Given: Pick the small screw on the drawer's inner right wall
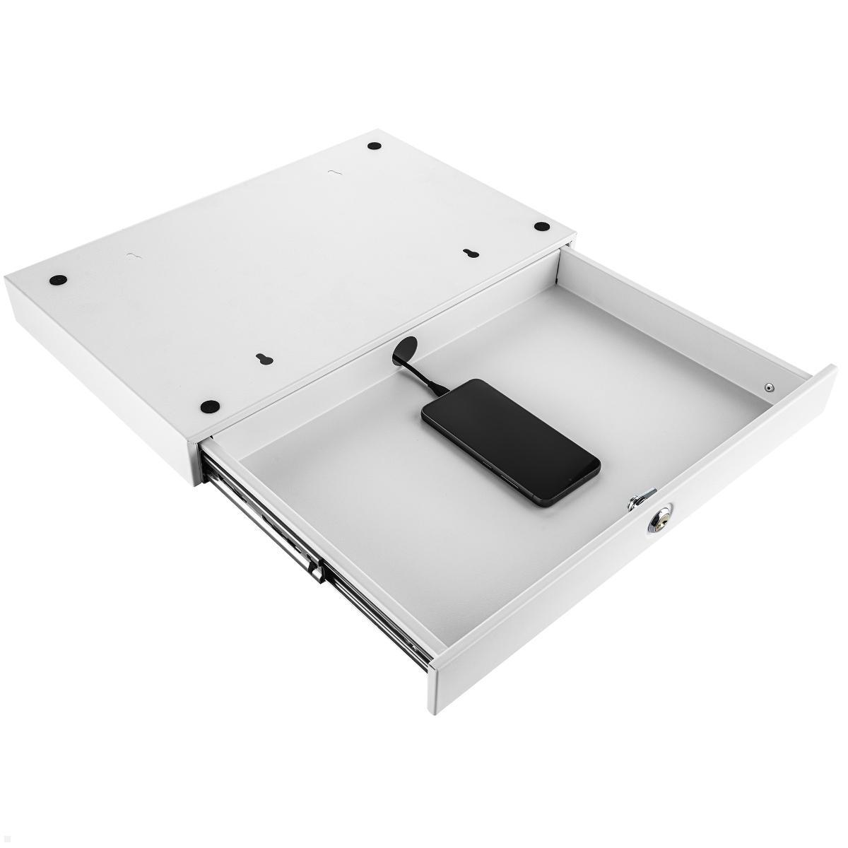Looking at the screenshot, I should pos(769,387).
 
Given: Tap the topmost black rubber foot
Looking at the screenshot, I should pos(375,146).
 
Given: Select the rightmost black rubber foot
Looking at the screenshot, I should pos(541,226).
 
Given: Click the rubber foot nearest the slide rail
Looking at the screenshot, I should pos(209,406).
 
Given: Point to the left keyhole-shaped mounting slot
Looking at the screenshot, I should pos(263,358).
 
